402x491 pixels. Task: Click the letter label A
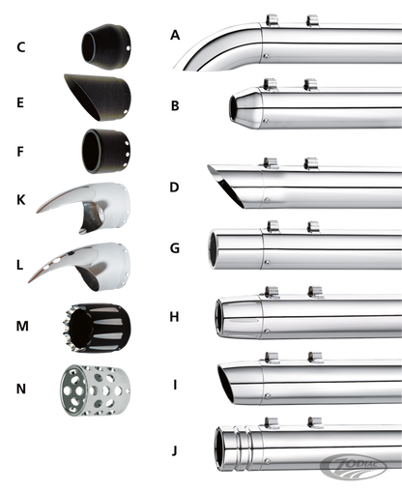click(174, 36)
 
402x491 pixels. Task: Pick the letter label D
click(174, 185)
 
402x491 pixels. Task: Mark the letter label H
click(174, 315)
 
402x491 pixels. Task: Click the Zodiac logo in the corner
click(373, 475)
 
